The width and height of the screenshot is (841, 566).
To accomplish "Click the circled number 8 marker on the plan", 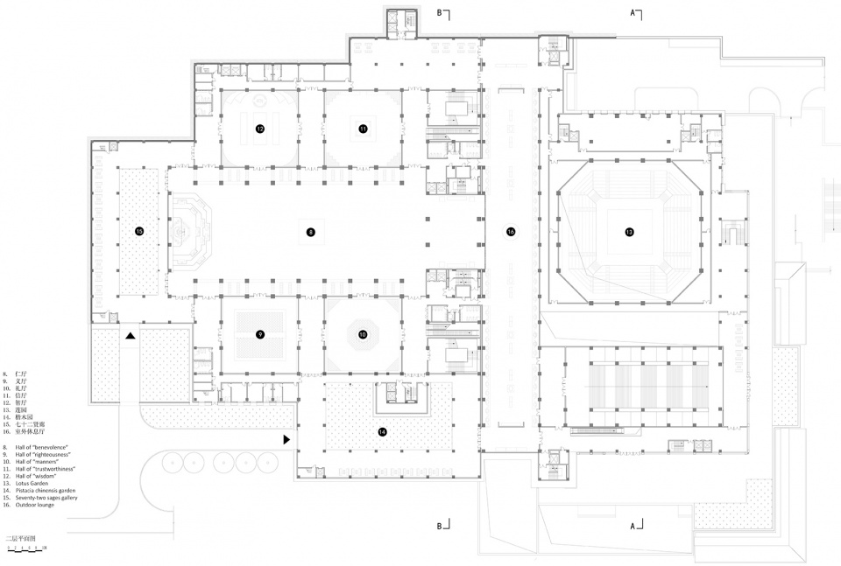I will click(310, 232).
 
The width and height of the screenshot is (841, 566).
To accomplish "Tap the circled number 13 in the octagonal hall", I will click(629, 232).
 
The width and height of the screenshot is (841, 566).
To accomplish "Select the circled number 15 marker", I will click(139, 231).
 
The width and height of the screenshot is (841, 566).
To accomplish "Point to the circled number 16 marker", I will click(511, 232).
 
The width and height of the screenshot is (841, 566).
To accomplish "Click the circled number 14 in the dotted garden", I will click(382, 431).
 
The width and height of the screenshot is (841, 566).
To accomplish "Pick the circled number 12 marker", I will click(260, 129).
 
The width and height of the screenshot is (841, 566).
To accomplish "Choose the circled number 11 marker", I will click(363, 129).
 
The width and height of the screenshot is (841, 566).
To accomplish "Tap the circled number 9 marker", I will click(260, 334).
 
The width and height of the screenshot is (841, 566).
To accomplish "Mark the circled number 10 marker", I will click(363, 334).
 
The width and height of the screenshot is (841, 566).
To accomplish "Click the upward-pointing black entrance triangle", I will click(130, 336).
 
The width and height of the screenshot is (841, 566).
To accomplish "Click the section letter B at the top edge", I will click(440, 12).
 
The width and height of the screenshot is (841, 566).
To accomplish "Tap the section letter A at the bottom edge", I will click(632, 527).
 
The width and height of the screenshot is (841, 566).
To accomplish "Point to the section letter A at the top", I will click(632, 12).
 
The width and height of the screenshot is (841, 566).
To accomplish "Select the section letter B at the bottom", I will click(440, 527).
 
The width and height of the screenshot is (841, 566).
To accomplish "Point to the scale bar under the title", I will click(26, 549).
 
